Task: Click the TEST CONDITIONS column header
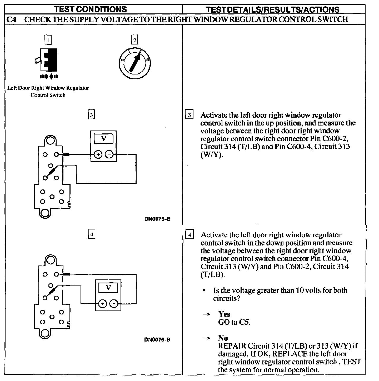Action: coord(90,9)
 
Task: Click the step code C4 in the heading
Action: coord(12,19)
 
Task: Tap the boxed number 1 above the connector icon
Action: coord(48,40)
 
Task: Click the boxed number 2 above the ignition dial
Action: coord(134,40)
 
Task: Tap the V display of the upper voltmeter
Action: coord(103,139)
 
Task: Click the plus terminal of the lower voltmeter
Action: coord(102,304)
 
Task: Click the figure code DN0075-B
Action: coord(157,219)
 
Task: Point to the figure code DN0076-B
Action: coord(157,339)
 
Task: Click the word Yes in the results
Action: coord(224,314)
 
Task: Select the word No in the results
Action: coord(223,338)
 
